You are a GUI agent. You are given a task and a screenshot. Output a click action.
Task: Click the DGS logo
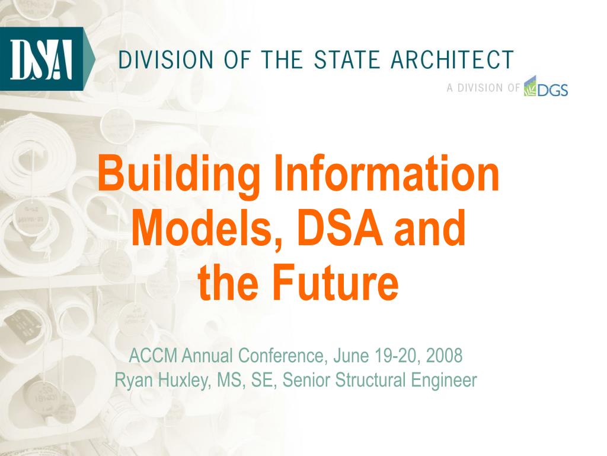(x=547, y=88)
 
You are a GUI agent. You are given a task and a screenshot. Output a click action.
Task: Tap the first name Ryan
(x=133, y=380)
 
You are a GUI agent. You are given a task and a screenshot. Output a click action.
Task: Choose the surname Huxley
(x=184, y=380)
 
